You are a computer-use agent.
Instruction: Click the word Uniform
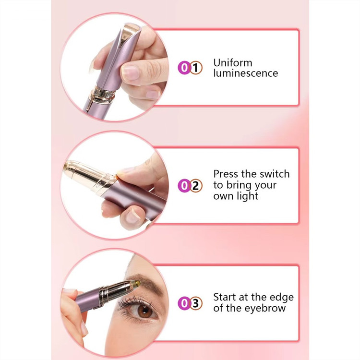(x=233, y=63)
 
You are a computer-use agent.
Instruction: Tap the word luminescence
(x=245, y=73)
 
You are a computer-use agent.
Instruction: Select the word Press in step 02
(x=226, y=174)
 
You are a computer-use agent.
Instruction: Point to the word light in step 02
(x=248, y=196)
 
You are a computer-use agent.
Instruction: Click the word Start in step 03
(x=225, y=297)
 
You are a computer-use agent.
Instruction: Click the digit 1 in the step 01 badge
(x=196, y=68)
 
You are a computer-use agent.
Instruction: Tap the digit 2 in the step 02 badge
(x=196, y=186)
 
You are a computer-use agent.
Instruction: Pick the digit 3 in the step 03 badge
(x=196, y=303)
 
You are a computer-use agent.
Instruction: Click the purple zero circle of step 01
(x=184, y=68)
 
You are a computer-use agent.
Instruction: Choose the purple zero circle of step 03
(x=184, y=303)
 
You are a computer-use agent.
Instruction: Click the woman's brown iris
(x=145, y=311)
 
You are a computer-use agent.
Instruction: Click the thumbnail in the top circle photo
(x=130, y=72)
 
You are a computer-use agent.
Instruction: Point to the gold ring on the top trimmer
(x=103, y=94)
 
